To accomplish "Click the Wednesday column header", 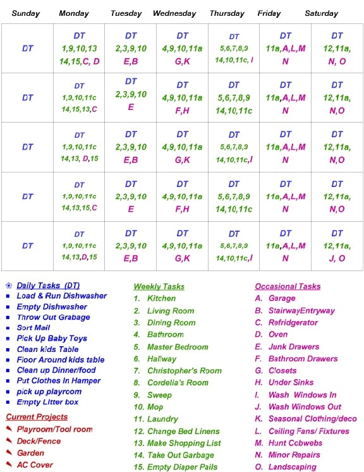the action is pos(174,13).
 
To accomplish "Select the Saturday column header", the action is pos(321,13).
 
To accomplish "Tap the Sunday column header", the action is pos(26,13).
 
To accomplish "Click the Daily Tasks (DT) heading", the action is pos(48,286).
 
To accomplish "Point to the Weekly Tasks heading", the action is pos(159,286).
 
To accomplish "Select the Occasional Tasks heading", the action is pos(288,286).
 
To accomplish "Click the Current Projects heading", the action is pos(37,417).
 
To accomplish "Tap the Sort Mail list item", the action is pos(34,328).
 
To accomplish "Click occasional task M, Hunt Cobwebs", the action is pos(290,443).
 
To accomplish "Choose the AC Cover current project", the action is pos(35,465).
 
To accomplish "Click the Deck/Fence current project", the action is pos(39,441).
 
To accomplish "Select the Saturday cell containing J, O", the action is pos(337,246).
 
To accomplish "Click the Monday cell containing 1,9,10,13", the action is pos(79,49).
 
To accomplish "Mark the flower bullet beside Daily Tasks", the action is pos(8,286).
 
